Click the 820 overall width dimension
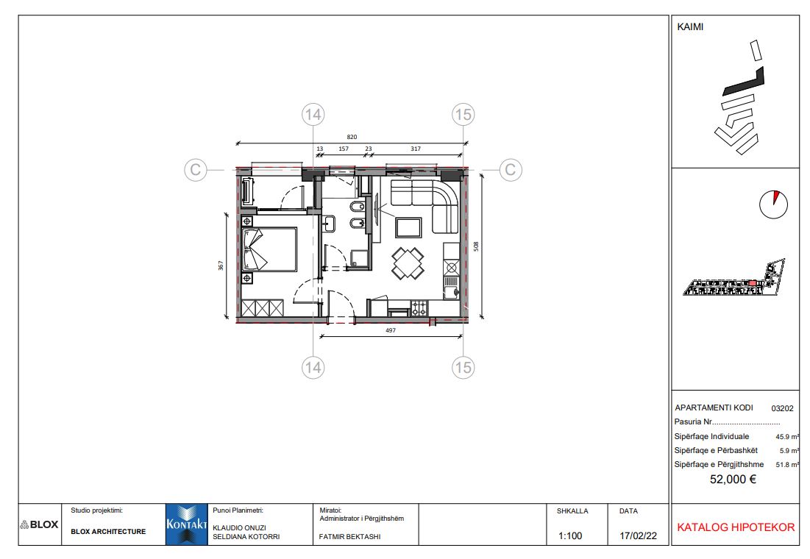(x=352, y=137)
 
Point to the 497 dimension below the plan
(x=391, y=330)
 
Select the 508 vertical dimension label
(x=476, y=246)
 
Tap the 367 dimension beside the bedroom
(x=221, y=265)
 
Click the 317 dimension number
(x=416, y=149)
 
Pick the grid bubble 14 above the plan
(x=313, y=114)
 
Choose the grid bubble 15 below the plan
(x=463, y=367)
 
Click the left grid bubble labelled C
(x=195, y=169)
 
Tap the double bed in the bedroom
(x=269, y=249)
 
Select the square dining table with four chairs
(x=408, y=263)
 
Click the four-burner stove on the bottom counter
(x=419, y=308)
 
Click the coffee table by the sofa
(x=408, y=227)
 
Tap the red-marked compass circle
(x=773, y=204)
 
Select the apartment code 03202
(x=782, y=408)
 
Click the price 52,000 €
(x=733, y=480)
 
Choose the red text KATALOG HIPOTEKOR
(x=736, y=527)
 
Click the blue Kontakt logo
(x=186, y=524)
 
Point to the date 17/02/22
(x=638, y=535)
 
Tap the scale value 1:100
(x=569, y=535)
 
